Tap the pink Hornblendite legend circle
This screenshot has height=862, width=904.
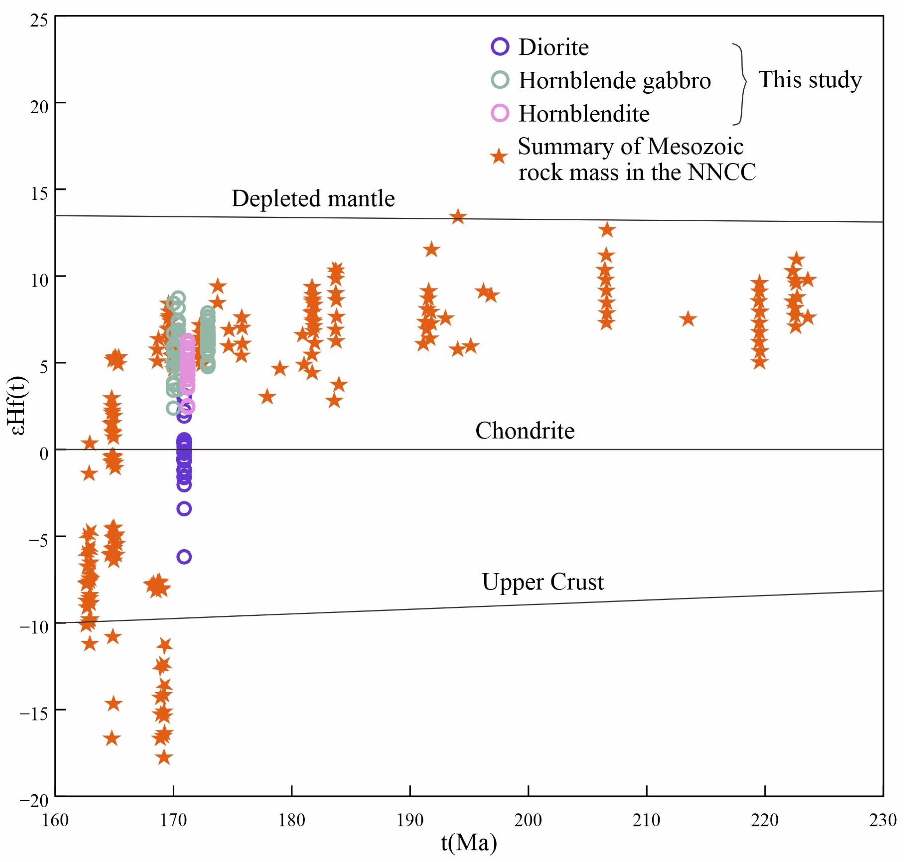(x=500, y=113)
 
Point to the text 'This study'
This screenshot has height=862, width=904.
(x=809, y=80)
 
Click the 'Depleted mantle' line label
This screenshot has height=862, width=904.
(x=313, y=199)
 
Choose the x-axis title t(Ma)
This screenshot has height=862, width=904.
(x=469, y=842)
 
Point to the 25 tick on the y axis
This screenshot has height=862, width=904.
(x=39, y=21)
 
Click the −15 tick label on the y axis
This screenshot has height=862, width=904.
(x=35, y=714)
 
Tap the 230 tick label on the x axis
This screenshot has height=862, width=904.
(x=882, y=820)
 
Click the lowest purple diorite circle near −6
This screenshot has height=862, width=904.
(x=184, y=557)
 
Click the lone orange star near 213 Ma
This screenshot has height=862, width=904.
(x=687, y=319)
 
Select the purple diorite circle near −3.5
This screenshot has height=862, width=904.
(x=184, y=509)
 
